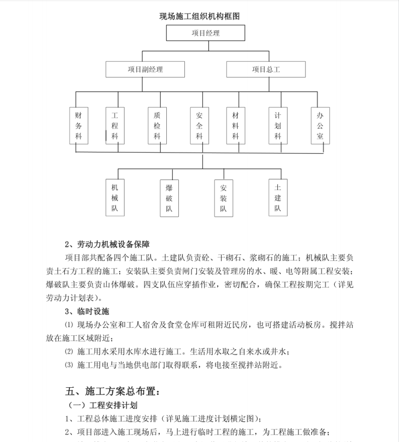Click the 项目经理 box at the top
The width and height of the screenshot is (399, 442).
pos(206,34)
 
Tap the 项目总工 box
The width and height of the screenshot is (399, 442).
pos(265,70)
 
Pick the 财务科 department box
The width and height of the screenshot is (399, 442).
pos(78,126)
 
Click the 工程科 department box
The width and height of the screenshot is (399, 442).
pos(115,126)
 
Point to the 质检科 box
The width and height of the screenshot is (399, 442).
pos(157,126)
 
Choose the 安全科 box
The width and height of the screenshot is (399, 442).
pos(199,126)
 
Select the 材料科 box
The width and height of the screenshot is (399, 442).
pos(235,126)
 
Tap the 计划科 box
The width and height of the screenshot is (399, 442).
pos(277,126)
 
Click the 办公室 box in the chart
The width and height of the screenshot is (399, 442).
pos(320,126)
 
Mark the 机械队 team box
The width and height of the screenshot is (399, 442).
pos(115,197)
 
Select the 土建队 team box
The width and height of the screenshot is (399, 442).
pos(277,197)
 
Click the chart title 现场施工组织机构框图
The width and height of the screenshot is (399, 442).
pos(199,16)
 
